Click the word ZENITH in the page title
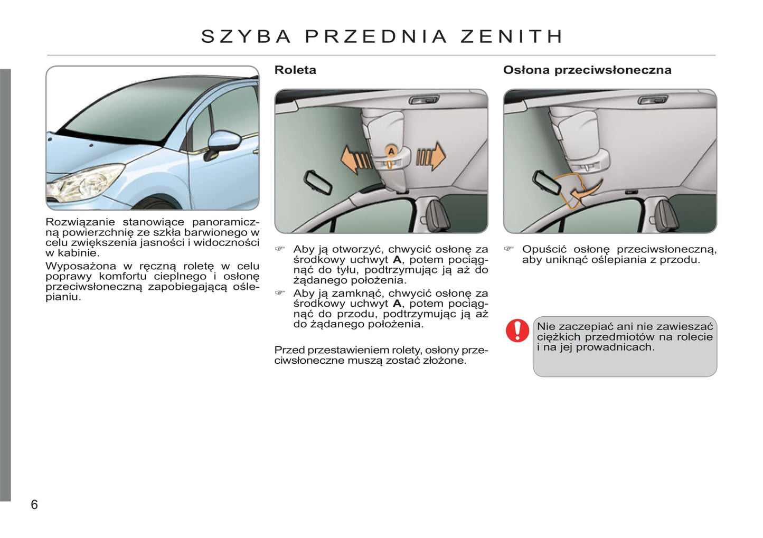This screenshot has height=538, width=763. (512, 36)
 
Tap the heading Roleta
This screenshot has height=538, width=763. (295, 70)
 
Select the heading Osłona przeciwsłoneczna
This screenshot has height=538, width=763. (587, 70)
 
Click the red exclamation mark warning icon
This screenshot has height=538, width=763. (517, 331)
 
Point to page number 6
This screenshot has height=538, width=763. (34, 505)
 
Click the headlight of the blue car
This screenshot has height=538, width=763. (84, 182)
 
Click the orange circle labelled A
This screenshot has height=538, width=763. (391, 152)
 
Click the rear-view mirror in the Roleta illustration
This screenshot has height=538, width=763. (317, 182)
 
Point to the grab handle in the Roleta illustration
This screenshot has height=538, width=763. (423, 100)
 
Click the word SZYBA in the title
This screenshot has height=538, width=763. (246, 36)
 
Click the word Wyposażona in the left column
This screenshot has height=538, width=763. (80, 266)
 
